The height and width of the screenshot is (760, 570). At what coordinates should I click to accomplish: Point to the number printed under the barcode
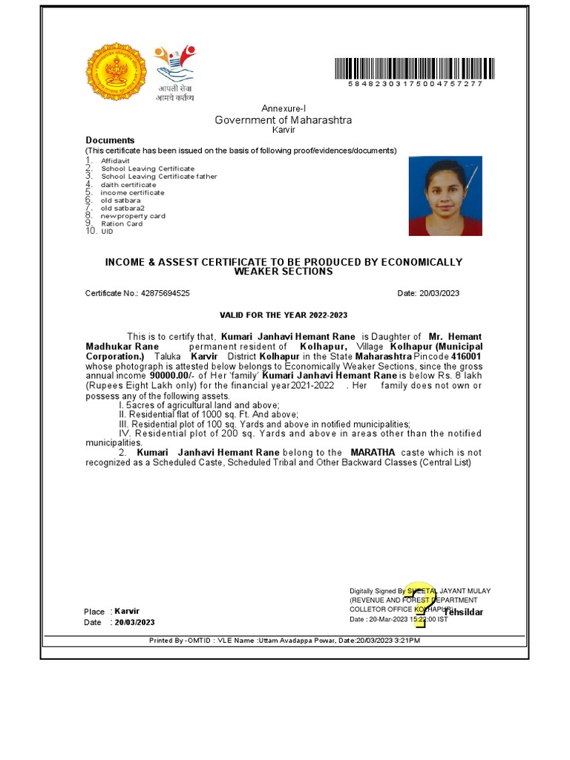(x=416, y=85)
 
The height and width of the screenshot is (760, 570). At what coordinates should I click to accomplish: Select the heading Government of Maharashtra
(x=284, y=120)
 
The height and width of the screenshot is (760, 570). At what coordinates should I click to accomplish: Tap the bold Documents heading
(x=110, y=140)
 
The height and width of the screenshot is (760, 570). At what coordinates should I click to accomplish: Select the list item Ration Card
(x=122, y=223)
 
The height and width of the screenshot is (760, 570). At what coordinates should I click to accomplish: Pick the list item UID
(x=108, y=232)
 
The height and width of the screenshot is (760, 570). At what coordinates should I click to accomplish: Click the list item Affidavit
(x=115, y=160)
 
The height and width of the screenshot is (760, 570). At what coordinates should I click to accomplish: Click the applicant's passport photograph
(x=445, y=196)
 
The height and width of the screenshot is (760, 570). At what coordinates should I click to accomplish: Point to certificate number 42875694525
(x=165, y=293)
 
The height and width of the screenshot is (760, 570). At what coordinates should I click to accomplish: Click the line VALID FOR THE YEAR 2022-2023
(x=284, y=315)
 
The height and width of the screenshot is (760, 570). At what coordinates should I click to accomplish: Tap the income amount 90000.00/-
(x=172, y=376)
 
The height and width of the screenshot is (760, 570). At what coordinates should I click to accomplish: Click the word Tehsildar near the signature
(x=463, y=612)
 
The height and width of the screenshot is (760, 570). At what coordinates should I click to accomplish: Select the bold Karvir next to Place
(x=127, y=612)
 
